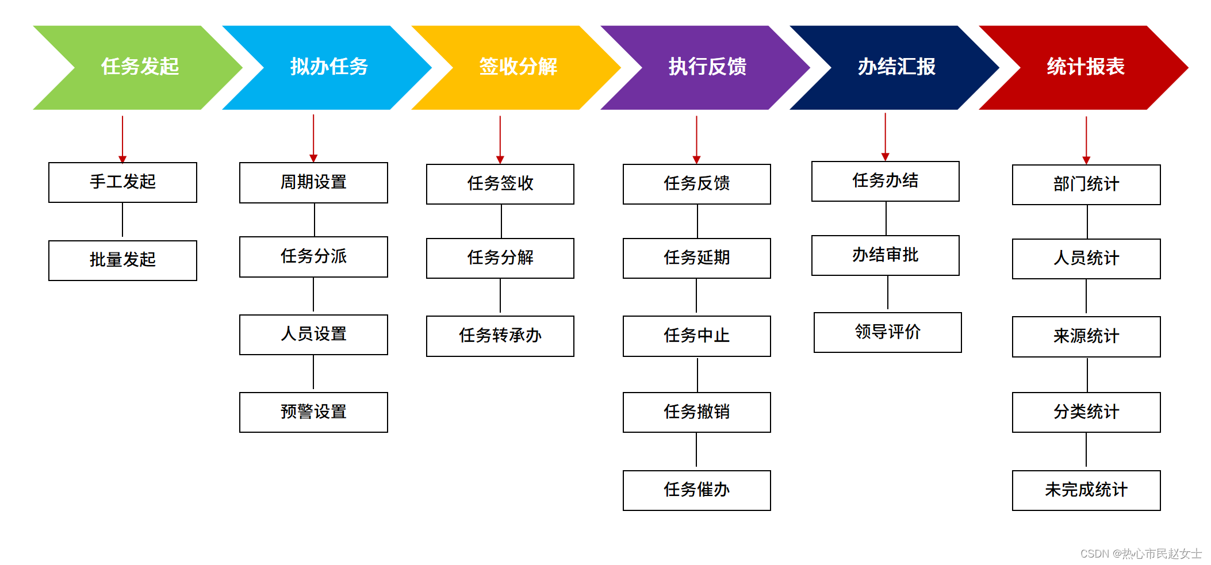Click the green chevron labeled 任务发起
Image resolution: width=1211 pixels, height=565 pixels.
pos(140,67)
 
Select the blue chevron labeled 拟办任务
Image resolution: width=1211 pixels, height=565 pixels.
pos(328,67)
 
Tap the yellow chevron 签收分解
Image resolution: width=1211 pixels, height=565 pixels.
pos(518,67)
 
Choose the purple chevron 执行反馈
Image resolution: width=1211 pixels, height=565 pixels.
pos(707,67)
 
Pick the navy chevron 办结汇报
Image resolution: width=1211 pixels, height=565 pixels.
pos(896,67)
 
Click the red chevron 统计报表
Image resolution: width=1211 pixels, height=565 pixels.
pos(1085,67)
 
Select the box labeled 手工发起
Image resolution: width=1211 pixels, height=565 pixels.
pos(122,182)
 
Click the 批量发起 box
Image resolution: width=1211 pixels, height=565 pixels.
pos(122,260)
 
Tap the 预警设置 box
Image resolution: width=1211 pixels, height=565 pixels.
pos(313,412)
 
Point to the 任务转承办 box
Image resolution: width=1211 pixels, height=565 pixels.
pos(500,336)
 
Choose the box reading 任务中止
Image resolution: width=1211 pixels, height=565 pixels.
pos(696,336)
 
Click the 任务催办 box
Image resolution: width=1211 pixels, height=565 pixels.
pos(696,490)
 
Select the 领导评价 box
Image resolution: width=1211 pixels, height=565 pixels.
pos(887,332)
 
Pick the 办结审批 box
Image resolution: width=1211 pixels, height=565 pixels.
pos(885,255)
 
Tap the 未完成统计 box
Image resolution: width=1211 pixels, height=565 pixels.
pos(1086,490)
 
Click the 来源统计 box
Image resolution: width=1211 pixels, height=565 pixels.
pos(1086,336)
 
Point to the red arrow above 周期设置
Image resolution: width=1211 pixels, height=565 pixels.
pos(313,138)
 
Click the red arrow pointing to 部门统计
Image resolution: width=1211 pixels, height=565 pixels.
pos(1086,140)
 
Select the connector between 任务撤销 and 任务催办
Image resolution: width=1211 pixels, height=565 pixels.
pos(696,451)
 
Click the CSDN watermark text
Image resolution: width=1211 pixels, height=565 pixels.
pos(1140,553)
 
